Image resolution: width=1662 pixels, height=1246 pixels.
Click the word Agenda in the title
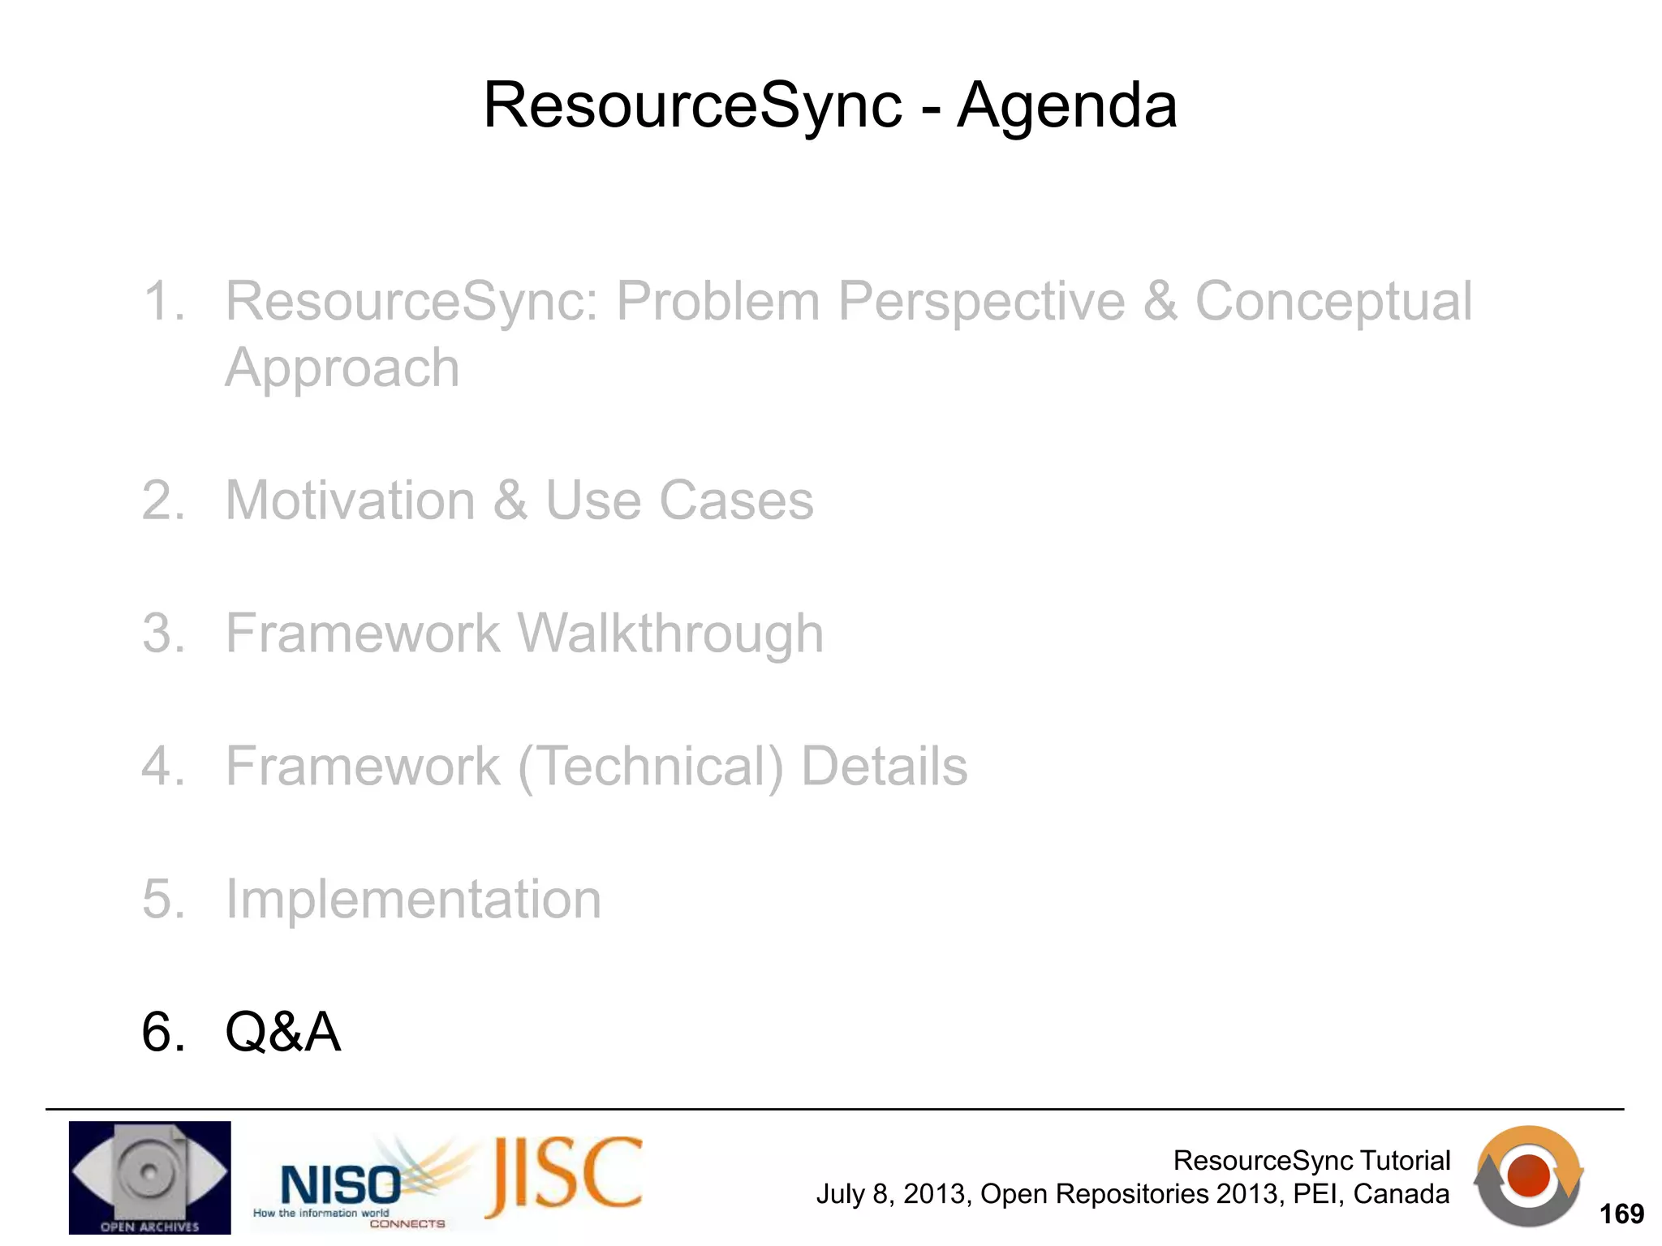[1066, 105]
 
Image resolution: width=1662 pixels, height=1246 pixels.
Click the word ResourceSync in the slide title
[692, 105]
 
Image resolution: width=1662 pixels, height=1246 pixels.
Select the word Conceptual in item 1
[1333, 302]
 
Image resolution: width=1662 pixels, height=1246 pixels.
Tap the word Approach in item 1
[342, 368]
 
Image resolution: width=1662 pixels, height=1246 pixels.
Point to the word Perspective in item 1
[980, 302]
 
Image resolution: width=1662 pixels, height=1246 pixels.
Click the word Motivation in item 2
[350, 501]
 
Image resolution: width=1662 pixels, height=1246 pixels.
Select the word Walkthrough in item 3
[670, 634]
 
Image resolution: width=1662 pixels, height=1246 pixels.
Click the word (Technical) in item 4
[651, 767]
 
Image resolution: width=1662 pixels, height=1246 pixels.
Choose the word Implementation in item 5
[413, 900]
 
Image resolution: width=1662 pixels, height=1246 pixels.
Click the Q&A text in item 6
[282, 1033]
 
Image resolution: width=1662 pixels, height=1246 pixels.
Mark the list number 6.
[162, 1033]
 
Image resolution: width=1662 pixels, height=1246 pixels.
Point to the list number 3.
[162, 634]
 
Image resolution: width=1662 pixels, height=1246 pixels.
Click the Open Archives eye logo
[149, 1177]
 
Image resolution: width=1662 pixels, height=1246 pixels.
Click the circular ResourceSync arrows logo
[1527, 1176]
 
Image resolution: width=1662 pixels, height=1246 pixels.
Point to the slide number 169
[1621, 1214]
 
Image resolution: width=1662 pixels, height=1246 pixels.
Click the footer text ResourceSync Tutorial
[1311, 1161]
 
